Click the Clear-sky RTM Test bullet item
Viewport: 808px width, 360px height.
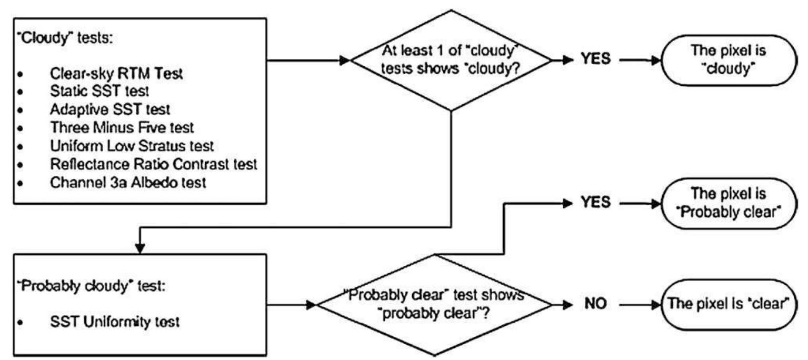pyautogui.click(x=116, y=74)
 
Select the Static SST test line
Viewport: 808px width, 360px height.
pyautogui.click(x=99, y=92)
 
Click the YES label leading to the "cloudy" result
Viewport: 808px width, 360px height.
pyautogui.click(x=595, y=59)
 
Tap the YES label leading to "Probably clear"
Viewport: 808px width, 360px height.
pyautogui.click(x=595, y=202)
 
